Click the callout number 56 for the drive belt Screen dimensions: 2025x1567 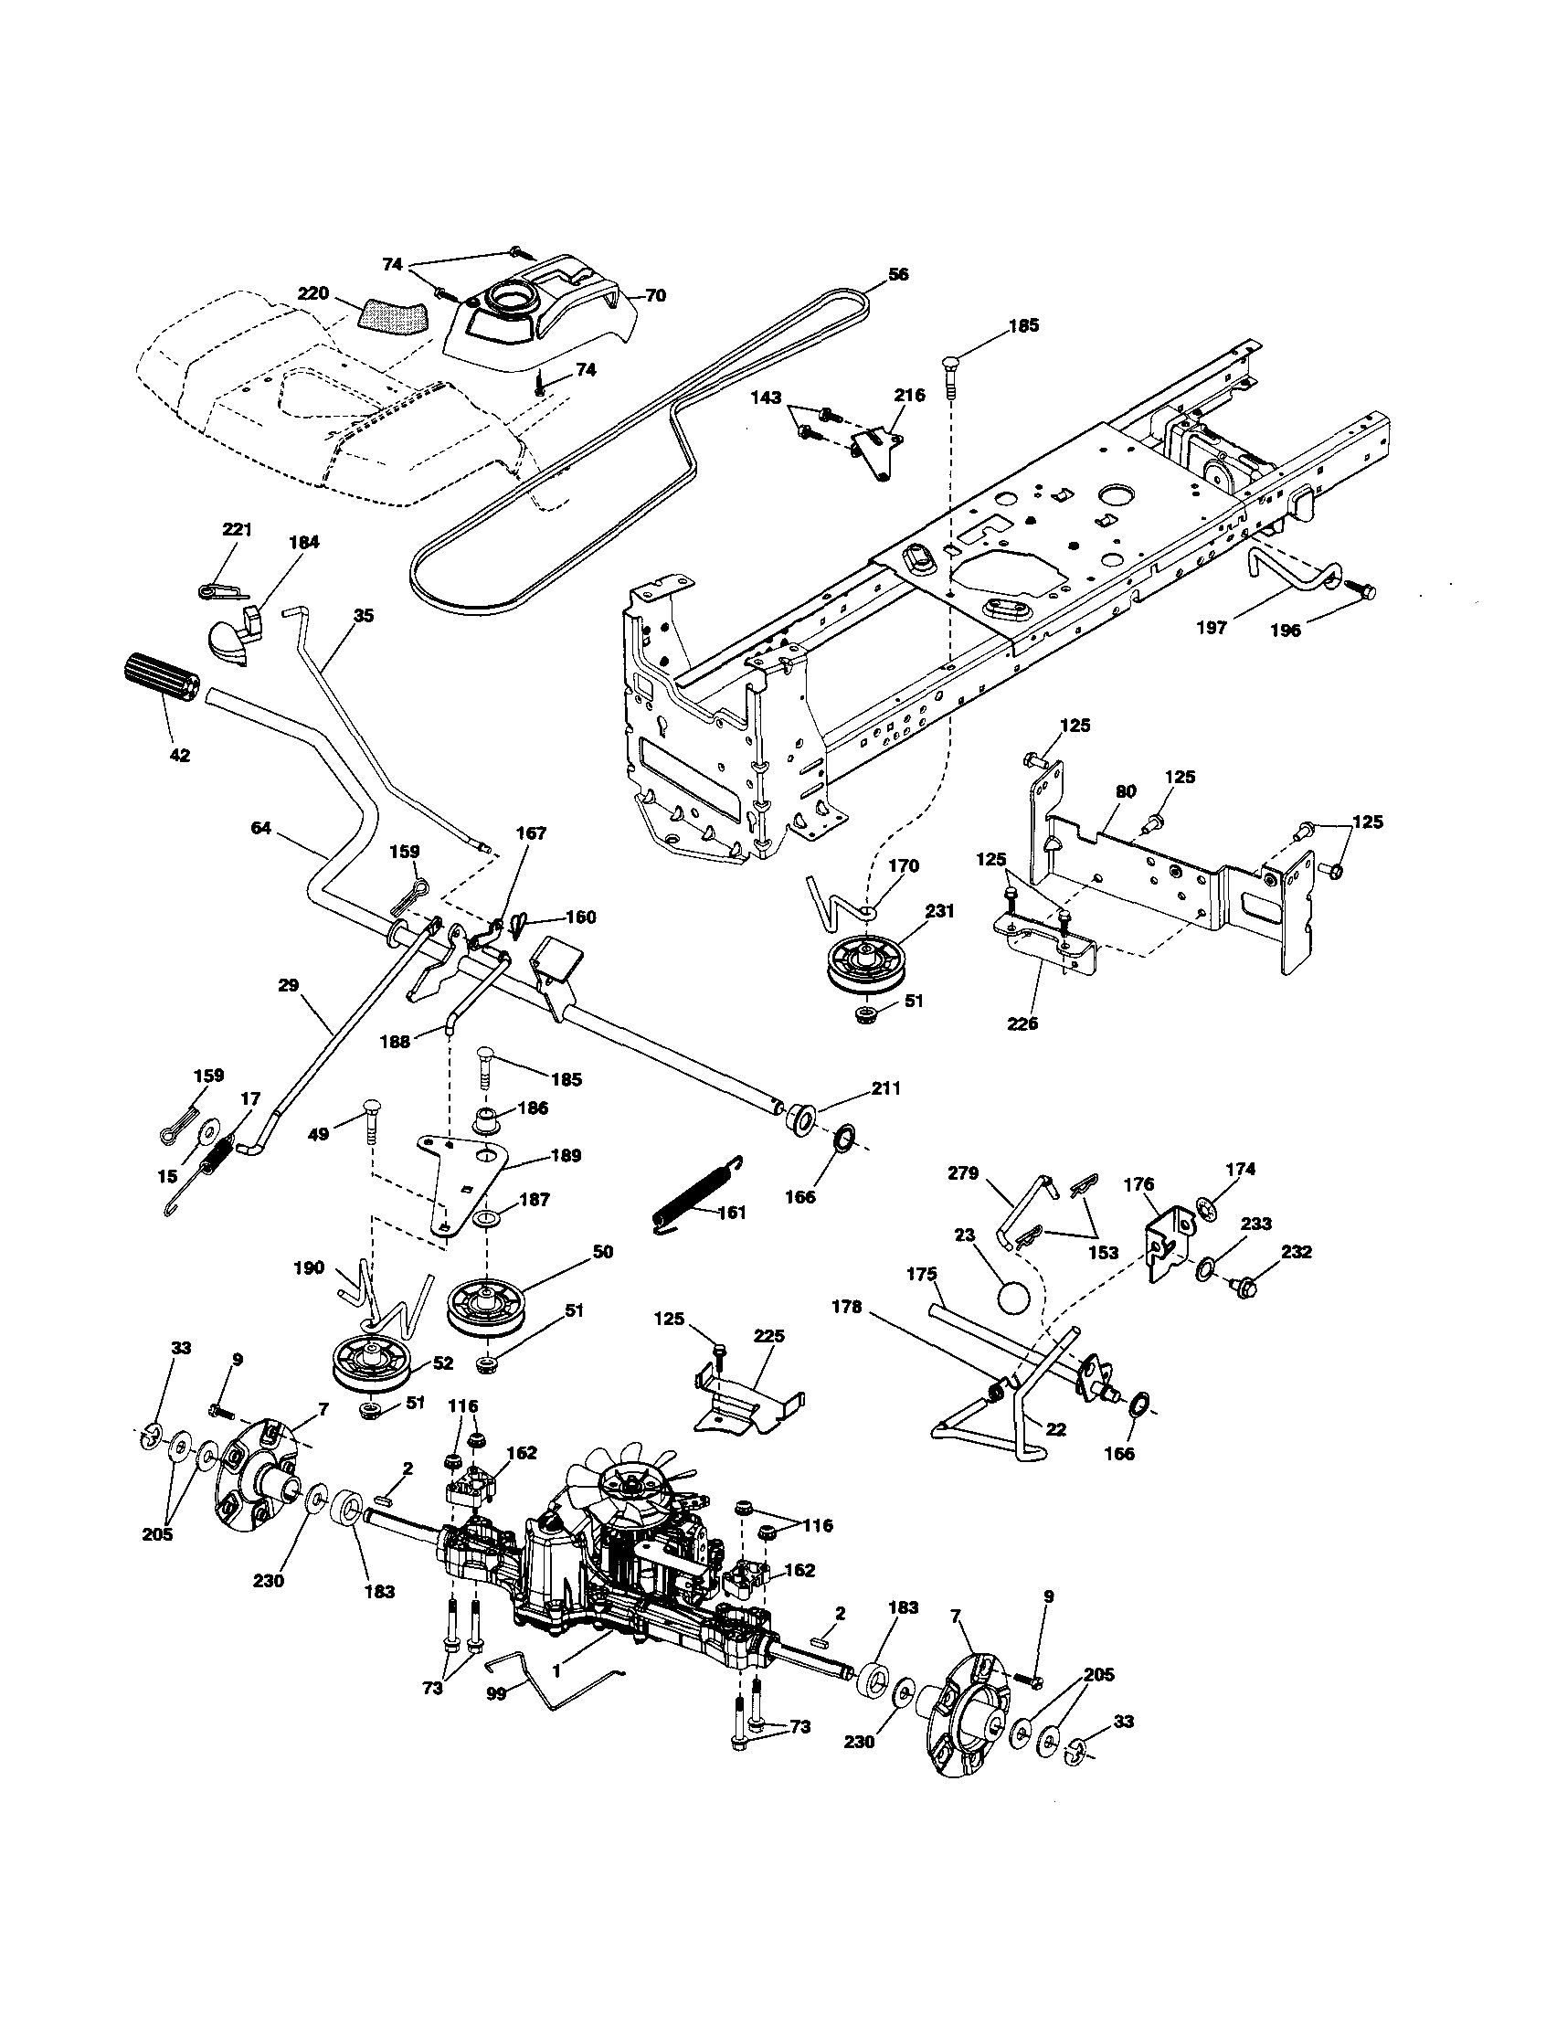897,274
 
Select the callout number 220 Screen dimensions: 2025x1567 313,294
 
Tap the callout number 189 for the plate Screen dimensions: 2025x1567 566,1155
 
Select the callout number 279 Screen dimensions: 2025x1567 962,1173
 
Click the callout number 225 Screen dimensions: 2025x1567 768,1336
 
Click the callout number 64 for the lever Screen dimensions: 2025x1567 260,828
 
